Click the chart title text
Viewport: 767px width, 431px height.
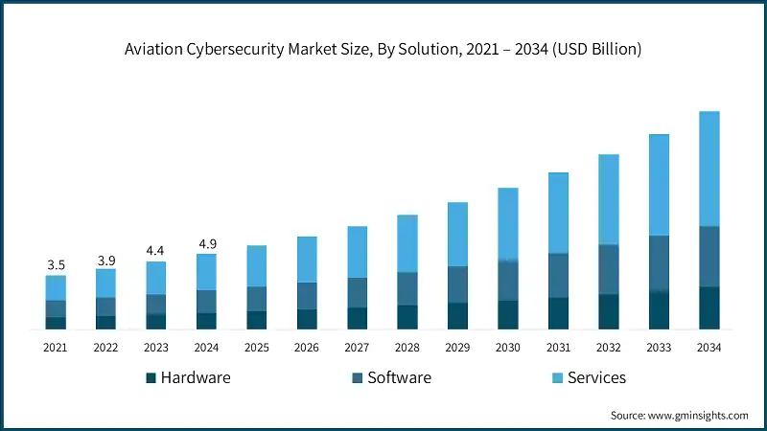coord(383,50)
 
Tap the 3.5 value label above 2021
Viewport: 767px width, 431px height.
coord(56,264)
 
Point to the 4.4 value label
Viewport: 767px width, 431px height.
coord(156,251)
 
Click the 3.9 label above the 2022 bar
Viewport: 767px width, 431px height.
coord(105,259)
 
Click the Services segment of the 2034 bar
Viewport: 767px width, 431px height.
coord(709,169)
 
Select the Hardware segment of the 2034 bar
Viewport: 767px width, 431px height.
coord(709,307)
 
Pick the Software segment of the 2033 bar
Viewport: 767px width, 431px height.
coord(659,263)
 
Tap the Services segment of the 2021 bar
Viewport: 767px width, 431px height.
coord(56,287)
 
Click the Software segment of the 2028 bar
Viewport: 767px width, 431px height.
coord(407,288)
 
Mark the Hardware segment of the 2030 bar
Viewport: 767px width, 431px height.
coord(508,315)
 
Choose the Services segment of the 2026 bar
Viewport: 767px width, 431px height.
coord(307,260)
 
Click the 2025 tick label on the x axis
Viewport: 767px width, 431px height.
coord(257,347)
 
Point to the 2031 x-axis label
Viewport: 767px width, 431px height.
coord(558,347)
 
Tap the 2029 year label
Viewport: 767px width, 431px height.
coord(457,347)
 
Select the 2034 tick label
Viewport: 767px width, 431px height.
coord(709,347)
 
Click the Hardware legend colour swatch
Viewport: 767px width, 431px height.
coord(151,378)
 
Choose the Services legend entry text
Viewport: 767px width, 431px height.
coord(596,377)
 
